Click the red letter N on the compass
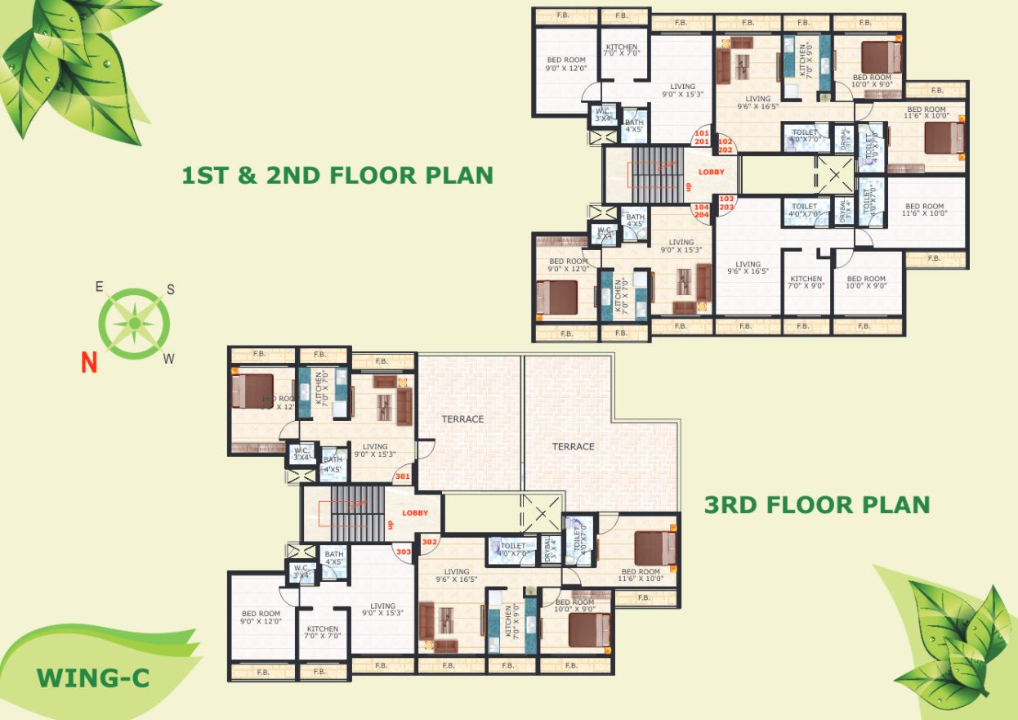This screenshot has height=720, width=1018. click(x=89, y=360)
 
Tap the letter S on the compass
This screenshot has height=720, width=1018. click(x=171, y=289)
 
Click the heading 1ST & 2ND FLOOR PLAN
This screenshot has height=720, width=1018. click(x=337, y=175)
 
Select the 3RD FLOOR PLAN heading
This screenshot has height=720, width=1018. click(x=817, y=504)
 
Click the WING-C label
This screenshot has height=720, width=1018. click(x=92, y=678)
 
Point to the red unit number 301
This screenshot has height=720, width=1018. click(x=402, y=476)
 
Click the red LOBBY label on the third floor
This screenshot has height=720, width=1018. click(x=415, y=512)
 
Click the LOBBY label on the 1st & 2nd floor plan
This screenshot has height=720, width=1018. click(x=711, y=172)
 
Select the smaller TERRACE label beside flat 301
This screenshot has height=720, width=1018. click(x=463, y=419)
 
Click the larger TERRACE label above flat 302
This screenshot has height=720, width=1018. click(x=573, y=446)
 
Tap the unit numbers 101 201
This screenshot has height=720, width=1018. click(x=701, y=137)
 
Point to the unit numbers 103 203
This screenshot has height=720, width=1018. click(x=726, y=203)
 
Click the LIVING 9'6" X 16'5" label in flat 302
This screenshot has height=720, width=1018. click(x=457, y=576)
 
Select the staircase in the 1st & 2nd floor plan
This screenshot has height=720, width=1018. click(x=659, y=174)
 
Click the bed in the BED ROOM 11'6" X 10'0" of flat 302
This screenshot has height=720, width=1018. click(x=655, y=548)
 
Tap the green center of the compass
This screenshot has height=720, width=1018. click(x=134, y=324)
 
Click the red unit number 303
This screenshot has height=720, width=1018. click(x=402, y=552)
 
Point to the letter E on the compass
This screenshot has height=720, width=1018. click(x=99, y=286)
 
